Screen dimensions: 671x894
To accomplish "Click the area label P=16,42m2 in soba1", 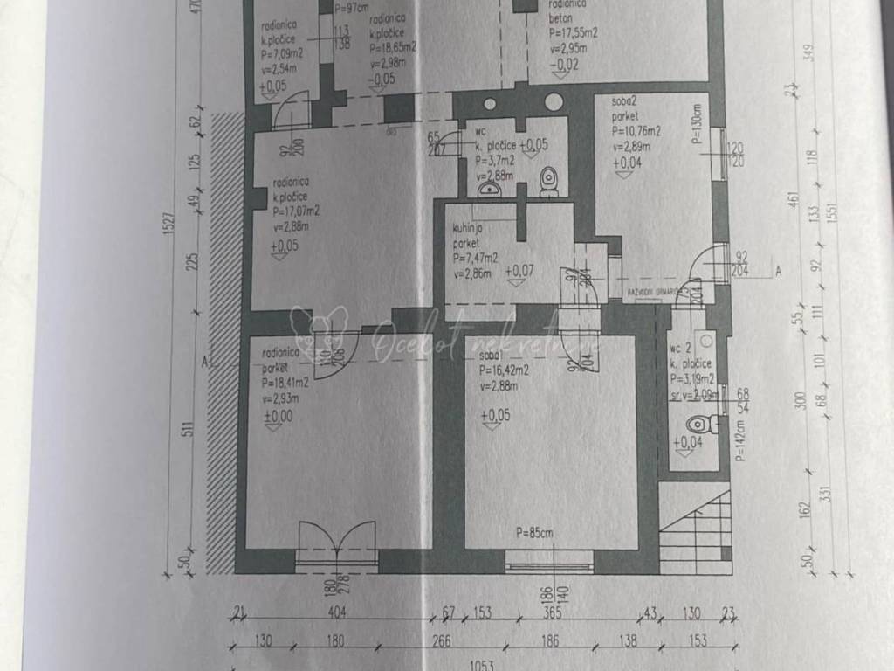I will (505, 370).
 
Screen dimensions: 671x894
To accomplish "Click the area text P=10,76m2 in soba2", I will (636, 131).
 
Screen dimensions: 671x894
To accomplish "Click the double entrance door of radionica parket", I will (337, 542).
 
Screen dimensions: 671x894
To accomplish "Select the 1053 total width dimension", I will (482, 665).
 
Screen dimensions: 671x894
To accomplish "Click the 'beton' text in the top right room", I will (560, 18).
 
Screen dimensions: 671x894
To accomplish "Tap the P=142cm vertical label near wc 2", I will (739, 440).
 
